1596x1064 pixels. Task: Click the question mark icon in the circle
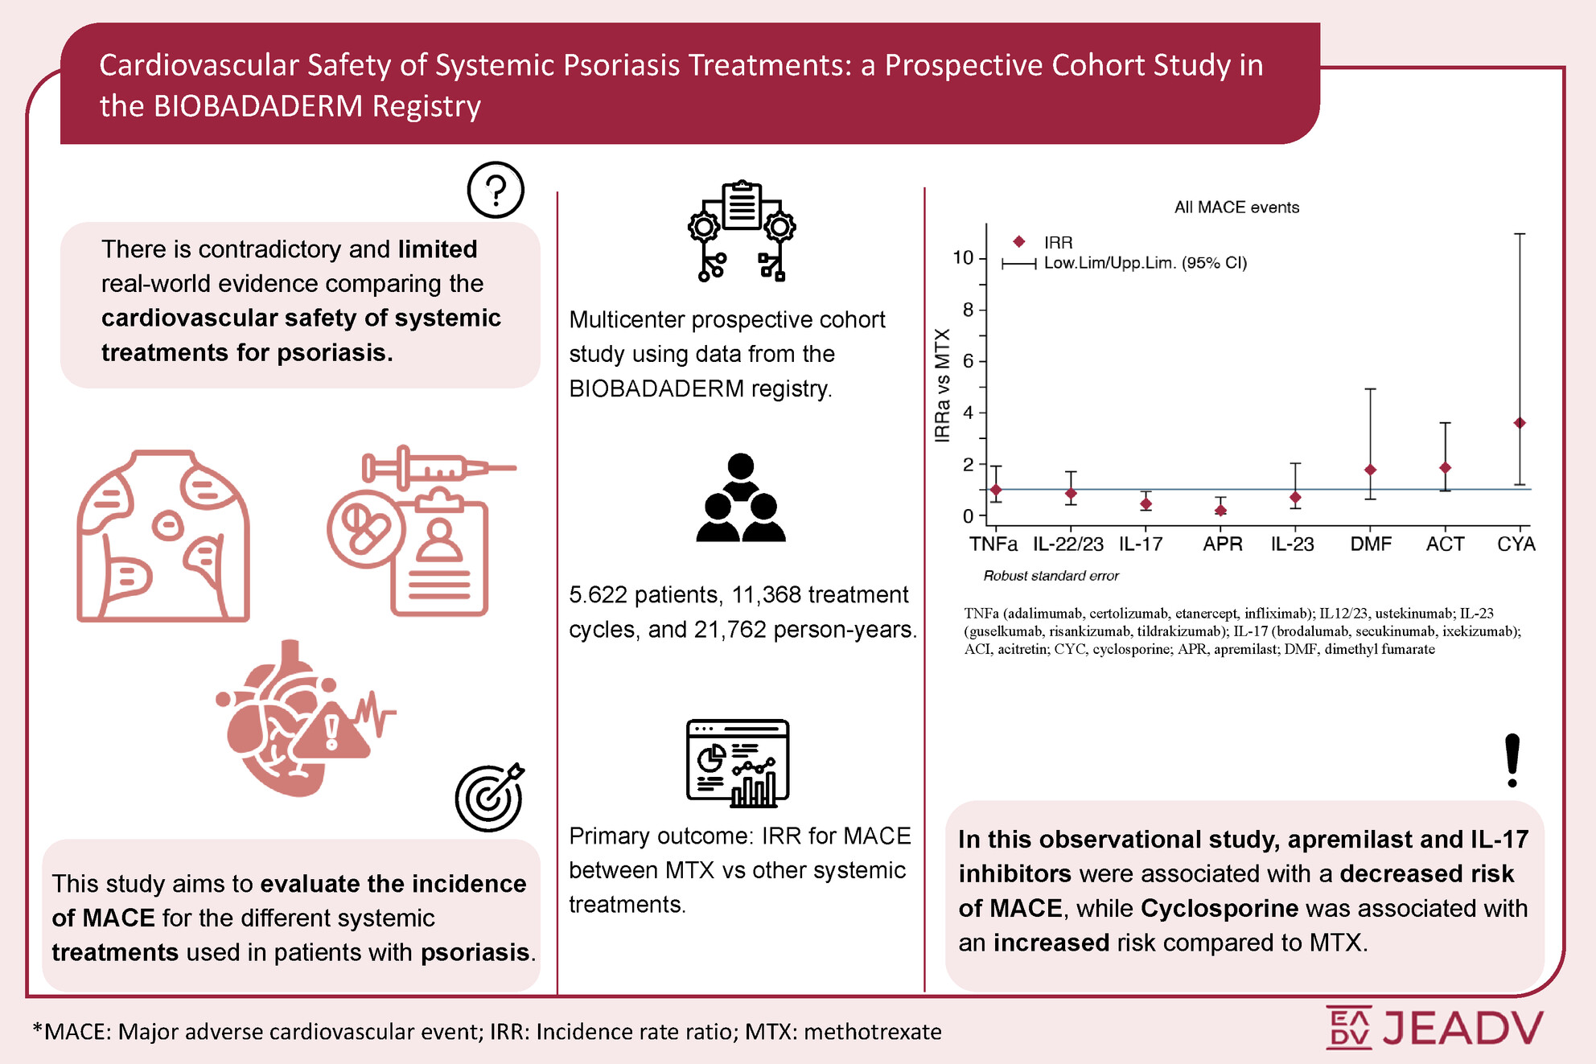tap(496, 190)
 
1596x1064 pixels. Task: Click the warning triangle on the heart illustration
tap(331, 731)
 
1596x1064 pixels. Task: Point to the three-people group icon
tap(740, 498)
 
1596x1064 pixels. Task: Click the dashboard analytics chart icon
tap(738, 763)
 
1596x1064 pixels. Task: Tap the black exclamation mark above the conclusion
tap(1512, 760)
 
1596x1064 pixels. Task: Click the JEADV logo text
tap(1462, 1027)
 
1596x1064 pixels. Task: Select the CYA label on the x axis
tap(1516, 544)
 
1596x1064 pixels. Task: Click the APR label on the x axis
tap(1222, 544)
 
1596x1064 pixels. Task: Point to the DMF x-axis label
tap(1371, 544)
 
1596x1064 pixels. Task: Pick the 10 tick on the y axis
tap(963, 258)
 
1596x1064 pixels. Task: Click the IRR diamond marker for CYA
tap(1520, 423)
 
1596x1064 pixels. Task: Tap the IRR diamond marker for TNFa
tap(996, 490)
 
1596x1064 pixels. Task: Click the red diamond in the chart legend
tap(1018, 241)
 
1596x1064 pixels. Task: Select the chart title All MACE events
tap(1236, 207)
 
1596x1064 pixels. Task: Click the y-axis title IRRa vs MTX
tap(943, 385)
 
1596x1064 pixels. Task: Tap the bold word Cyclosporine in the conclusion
tap(1219, 908)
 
